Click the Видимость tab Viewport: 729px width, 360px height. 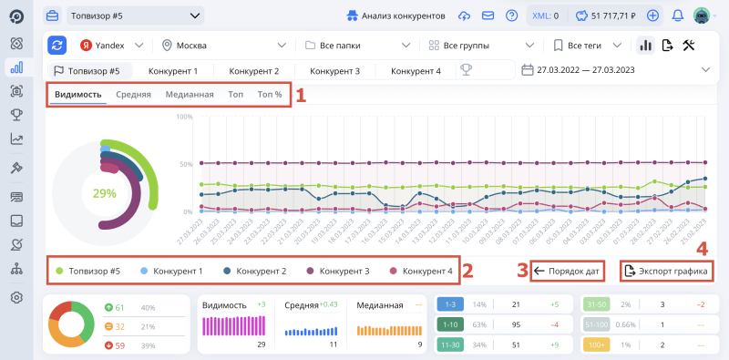77,95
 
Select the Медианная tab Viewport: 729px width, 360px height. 190,95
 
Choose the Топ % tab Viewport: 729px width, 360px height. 270,95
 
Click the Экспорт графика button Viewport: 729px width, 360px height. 665,271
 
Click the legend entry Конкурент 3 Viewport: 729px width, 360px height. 341,271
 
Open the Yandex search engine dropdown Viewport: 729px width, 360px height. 110,46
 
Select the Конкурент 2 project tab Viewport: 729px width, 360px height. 253,70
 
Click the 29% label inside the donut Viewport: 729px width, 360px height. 105,193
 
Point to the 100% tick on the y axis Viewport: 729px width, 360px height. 183,117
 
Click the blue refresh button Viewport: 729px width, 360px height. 57,46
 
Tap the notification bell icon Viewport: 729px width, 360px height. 677,15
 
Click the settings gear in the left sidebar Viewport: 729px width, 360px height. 15,297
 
